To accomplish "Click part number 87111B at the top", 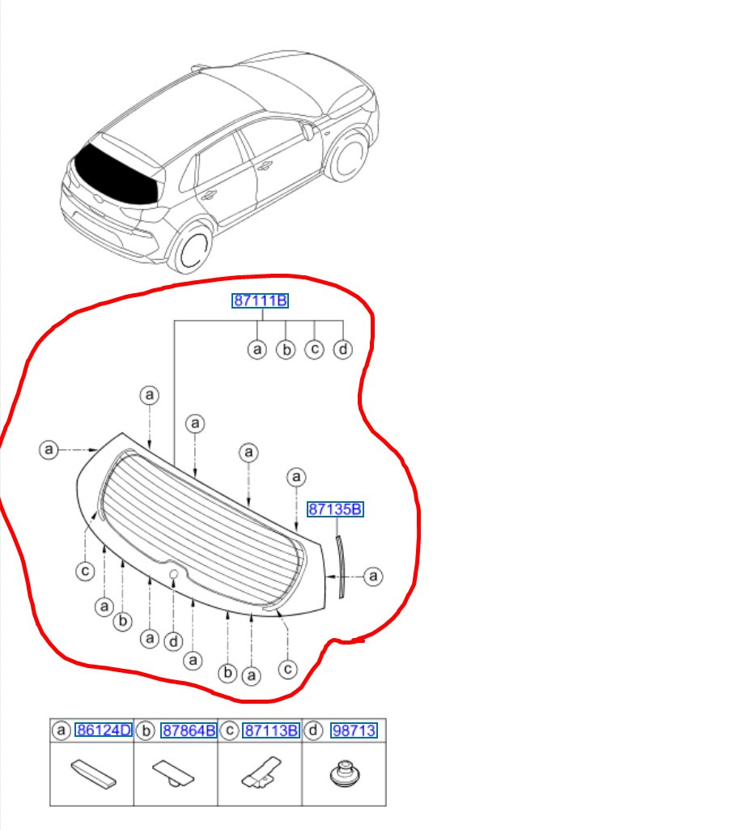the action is click(x=261, y=300).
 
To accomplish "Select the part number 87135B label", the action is click(x=335, y=509).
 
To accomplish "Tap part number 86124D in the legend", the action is click(x=104, y=730).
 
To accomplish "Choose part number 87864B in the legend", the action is click(x=189, y=730).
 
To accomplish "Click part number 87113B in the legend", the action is click(x=271, y=730).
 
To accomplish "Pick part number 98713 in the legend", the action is click(x=354, y=730).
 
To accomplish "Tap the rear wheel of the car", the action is click(x=192, y=249).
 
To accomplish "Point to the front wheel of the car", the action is click(x=348, y=156).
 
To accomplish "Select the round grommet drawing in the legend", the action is click(x=345, y=774).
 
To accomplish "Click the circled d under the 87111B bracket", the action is click(x=343, y=349).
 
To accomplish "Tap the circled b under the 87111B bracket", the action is click(x=286, y=349).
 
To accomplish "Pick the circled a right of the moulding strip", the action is click(x=374, y=576).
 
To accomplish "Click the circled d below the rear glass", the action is click(x=173, y=641).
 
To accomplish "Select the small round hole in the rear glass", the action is click(x=173, y=573).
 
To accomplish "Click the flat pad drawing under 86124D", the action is click(x=94, y=774).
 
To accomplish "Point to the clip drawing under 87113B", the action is click(x=262, y=773).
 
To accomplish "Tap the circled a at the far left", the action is click(x=49, y=450).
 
